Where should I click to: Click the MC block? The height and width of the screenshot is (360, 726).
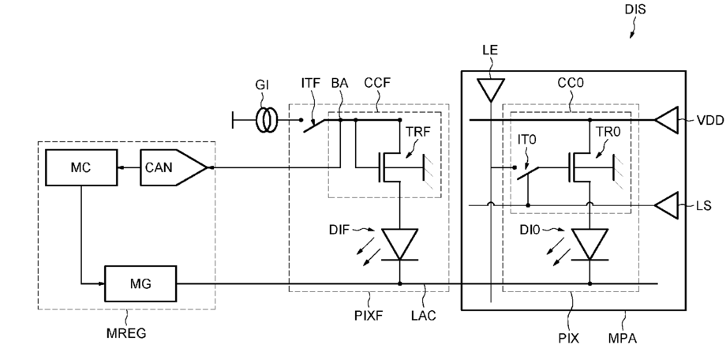[x=81, y=167]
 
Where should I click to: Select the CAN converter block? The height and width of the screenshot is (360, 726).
[x=174, y=167]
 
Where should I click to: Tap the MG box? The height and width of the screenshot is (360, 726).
[x=140, y=283]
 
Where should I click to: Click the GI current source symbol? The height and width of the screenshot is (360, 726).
[x=266, y=120]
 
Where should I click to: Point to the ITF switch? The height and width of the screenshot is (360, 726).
[x=312, y=124]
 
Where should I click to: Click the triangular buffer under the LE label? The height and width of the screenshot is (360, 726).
[x=490, y=89]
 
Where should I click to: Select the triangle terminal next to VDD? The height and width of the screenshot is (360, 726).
[x=666, y=120]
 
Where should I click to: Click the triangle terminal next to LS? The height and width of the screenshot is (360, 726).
[x=666, y=204]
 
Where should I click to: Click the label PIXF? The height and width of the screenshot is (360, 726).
[x=369, y=316]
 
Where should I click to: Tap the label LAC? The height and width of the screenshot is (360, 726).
[x=424, y=316]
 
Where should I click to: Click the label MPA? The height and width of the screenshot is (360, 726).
[x=623, y=338]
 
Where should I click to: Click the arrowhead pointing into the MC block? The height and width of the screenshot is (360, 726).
[x=122, y=167]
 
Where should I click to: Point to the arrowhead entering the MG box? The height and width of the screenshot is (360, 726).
[x=101, y=283]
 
